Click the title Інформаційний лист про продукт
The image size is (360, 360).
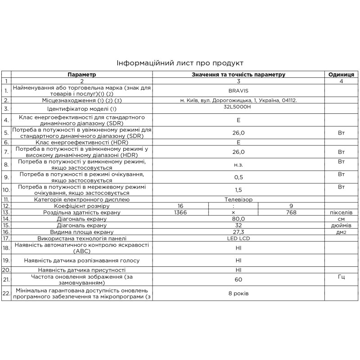(x=180, y=63)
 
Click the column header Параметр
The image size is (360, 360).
(x=82, y=74)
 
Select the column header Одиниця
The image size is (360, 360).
(x=341, y=74)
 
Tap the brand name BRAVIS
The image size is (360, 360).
(x=238, y=90)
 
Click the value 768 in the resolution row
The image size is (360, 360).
(x=291, y=212)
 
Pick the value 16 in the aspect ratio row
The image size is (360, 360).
(x=180, y=206)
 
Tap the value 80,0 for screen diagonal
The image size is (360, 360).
(x=238, y=219)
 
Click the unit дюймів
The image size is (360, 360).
(x=341, y=225)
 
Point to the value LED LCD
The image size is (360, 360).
(x=238, y=238)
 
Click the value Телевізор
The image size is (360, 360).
(x=238, y=199)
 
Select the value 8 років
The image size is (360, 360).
(x=238, y=293)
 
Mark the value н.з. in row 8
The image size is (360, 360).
(x=238, y=165)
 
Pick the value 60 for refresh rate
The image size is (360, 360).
(x=238, y=279)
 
